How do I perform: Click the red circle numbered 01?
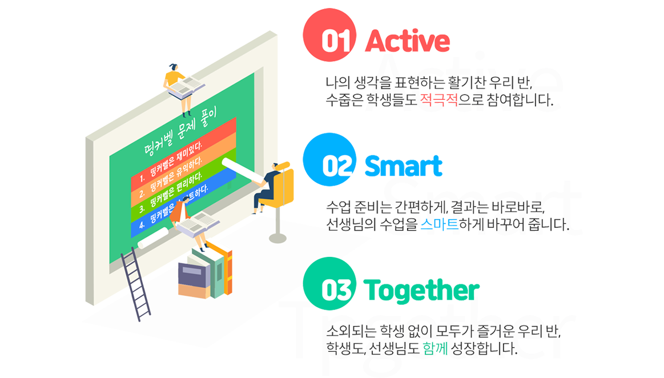(329, 35)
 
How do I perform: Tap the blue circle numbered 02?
(329, 159)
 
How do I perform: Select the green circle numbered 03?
(329, 284)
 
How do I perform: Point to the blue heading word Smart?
(404, 166)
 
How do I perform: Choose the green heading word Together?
(421, 291)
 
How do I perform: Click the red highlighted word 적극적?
(439, 100)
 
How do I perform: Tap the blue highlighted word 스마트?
(440, 224)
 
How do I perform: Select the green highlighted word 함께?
(435, 348)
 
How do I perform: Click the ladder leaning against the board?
(135, 284)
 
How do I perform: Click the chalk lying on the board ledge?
(153, 238)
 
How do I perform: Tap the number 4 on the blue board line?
(142, 225)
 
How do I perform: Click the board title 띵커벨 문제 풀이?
(179, 132)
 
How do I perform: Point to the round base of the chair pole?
(278, 239)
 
